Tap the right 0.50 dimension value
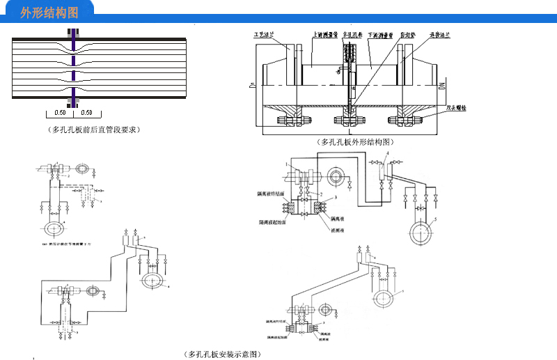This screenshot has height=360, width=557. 86,112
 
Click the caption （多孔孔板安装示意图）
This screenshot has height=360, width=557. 223,354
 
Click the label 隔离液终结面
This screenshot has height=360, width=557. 268,194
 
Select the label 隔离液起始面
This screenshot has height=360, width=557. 267,224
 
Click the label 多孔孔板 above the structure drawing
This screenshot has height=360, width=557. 348,32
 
